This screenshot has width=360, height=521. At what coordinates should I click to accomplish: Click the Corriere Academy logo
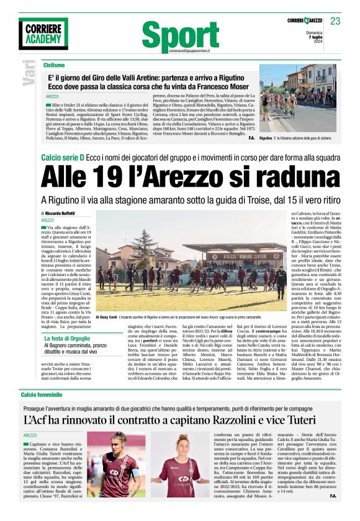click(43, 33)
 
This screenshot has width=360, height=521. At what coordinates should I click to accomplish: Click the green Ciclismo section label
click(54, 65)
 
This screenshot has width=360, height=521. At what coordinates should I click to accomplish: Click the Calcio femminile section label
click(42, 377)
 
